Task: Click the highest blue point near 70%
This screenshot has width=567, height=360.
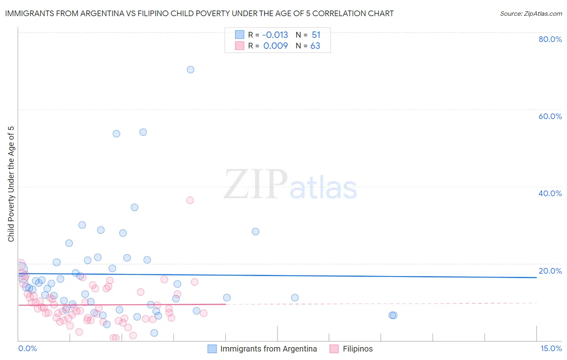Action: point(190,69)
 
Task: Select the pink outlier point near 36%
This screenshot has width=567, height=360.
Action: point(190,200)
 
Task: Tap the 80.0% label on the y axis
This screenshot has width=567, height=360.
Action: point(550,39)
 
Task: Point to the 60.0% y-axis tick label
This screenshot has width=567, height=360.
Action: point(550,116)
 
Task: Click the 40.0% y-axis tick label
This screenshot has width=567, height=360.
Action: point(550,193)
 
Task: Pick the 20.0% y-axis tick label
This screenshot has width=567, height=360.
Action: point(550,271)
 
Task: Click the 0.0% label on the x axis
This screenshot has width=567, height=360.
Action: point(27,349)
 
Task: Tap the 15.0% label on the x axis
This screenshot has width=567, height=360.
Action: point(551,349)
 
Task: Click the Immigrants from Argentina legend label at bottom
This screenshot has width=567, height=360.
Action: point(269,349)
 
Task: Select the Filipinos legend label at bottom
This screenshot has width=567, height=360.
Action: point(358,349)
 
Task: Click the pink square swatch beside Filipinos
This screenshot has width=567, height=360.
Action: point(334,349)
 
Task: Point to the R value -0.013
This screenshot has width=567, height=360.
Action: point(275,35)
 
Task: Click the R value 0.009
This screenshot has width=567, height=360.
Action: point(275,46)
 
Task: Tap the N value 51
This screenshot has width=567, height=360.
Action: point(316,35)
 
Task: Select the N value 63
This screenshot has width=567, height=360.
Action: point(315,46)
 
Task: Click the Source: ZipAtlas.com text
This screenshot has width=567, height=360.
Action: point(531,14)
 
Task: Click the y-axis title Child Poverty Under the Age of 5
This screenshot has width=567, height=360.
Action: point(11,184)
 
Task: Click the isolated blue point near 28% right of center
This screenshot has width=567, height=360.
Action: point(255,232)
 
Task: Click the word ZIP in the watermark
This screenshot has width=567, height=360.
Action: point(256,184)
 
